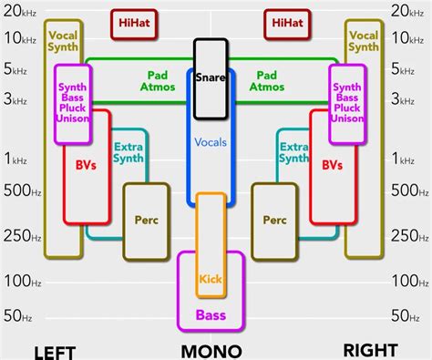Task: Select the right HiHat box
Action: pos(288,24)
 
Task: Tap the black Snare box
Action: pos(211,78)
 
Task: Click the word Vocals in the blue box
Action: pos(211,142)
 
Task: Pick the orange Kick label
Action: pos(211,279)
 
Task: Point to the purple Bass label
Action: pos(211,315)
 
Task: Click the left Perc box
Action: pos(146,220)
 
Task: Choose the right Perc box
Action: pos(274,220)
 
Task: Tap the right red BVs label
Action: pos(334,166)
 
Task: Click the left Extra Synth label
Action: pos(128,152)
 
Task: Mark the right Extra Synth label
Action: pos(293,152)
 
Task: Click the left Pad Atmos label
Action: pos(157,82)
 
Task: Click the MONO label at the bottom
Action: pos(211,351)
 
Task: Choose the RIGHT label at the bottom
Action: pos(370,350)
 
